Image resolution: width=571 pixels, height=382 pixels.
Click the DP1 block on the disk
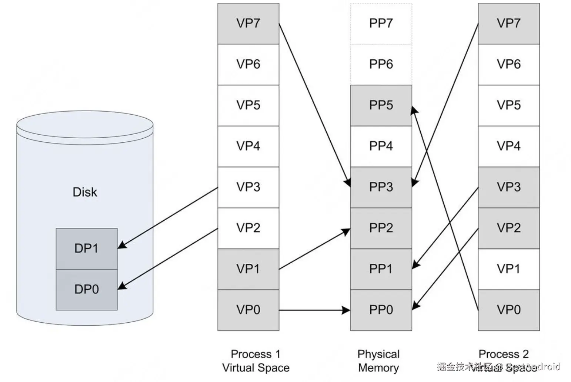(86, 248)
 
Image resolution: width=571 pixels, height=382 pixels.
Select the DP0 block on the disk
(86, 289)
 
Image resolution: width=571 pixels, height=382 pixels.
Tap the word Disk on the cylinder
(85, 192)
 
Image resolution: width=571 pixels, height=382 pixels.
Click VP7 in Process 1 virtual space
(248, 23)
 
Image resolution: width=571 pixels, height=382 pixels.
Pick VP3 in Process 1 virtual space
(248, 187)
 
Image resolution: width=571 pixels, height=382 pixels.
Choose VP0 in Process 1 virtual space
(248, 310)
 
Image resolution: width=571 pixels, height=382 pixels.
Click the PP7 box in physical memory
(381, 23)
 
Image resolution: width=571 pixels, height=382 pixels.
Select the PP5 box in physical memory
(381, 105)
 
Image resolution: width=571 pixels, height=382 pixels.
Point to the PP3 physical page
(381, 187)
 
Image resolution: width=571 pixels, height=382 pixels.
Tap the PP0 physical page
(381, 310)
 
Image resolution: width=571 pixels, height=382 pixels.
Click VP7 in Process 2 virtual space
(508, 23)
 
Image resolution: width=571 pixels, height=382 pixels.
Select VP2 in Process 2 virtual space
(508, 228)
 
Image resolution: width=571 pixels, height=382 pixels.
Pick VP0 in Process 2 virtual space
(508, 310)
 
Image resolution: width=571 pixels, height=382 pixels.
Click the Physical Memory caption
(378, 361)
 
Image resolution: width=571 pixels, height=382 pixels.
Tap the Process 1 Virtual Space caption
(256, 361)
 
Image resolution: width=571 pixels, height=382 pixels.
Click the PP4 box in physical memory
(381, 146)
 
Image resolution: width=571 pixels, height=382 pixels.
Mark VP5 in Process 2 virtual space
(508, 105)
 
